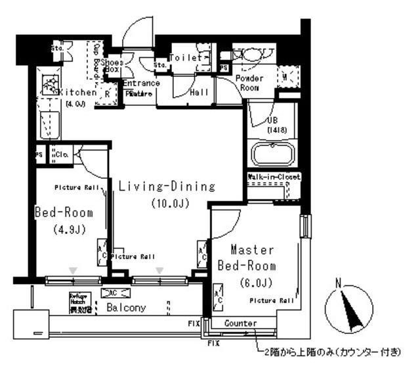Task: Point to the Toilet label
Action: [185, 58]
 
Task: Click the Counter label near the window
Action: [240, 323]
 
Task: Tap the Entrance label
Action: [140, 83]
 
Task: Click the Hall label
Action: [199, 93]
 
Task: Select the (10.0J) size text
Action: [169, 203]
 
